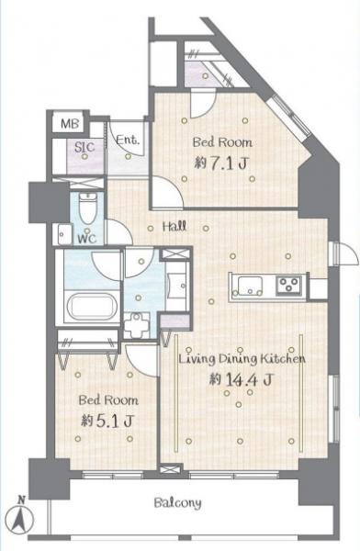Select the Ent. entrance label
(129, 141)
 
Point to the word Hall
(175, 226)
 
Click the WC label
(87, 238)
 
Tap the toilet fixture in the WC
(86, 210)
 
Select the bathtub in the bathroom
(88, 305)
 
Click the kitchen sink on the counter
(249, 283)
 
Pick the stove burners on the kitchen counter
(290, 283)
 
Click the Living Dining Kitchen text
(241, 358)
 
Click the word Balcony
(177, 503)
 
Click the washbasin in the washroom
(139, 322)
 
